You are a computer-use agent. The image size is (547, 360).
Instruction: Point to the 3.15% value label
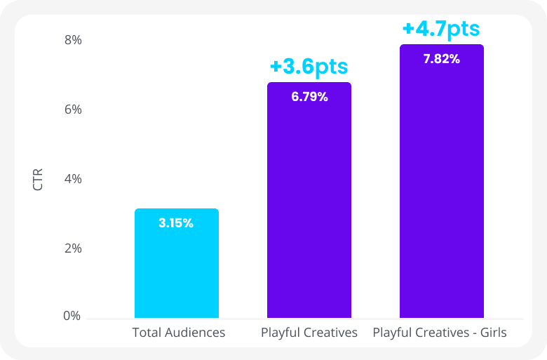pos(176,223)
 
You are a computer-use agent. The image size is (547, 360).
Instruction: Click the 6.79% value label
pos(309,97)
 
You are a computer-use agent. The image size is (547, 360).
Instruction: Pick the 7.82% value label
pos(442,59)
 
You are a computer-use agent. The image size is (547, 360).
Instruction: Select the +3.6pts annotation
pos(309,67)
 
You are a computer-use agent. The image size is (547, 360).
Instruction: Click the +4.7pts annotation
pos(441,29)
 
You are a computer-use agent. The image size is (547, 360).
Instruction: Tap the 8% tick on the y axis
pos(73,40)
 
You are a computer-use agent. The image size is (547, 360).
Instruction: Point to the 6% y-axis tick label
pos(73,109)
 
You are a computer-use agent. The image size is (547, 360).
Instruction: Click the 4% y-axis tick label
pos(73,179)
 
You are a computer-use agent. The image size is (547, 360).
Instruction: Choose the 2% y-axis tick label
pos(73,248)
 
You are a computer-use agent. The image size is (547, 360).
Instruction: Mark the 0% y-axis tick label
pos(73,316)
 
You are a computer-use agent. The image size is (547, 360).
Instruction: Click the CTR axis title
pos(38,179)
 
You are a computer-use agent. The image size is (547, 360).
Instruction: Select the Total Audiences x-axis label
pos(179,333)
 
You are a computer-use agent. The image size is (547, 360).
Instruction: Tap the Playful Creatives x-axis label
pos(309,333)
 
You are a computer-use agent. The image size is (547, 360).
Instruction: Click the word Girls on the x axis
pos(492,333)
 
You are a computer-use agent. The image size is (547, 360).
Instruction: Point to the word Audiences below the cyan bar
pos(194,333)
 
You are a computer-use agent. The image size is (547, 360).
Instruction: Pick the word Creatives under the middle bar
pos(328,333)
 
